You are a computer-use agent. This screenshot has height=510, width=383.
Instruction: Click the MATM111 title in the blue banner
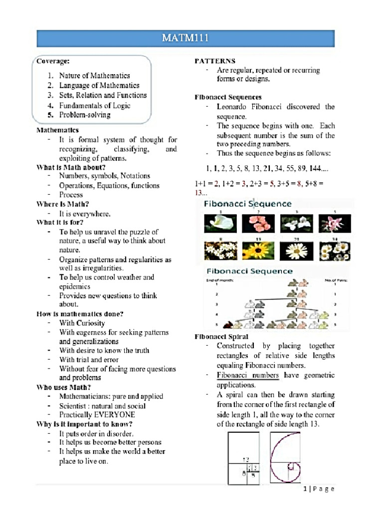tap(191, 37)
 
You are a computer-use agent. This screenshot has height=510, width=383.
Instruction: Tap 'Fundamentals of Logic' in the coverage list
tap(92, 105)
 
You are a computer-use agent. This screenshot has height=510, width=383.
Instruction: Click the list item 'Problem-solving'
tap(85, 115)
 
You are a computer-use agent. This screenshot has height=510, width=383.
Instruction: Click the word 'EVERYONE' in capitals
tap(115, 414)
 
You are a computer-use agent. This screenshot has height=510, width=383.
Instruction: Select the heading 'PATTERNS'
tap(215, 61)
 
